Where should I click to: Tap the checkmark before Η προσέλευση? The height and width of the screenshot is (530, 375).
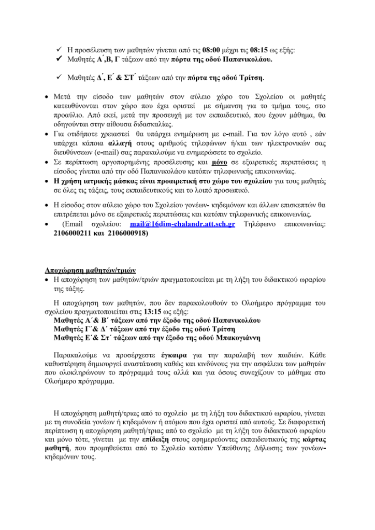(x=60, y=50)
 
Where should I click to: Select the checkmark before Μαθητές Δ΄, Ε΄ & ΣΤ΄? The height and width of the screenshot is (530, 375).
(x=60, y=78)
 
